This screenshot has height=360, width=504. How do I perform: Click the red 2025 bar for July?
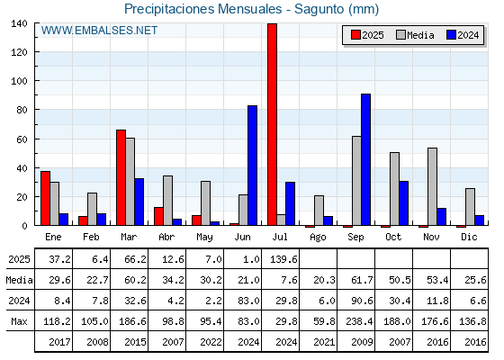(272, 124)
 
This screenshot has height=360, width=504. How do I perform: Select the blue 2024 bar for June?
(252, 166)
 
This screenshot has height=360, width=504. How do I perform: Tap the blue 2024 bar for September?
(365, 159)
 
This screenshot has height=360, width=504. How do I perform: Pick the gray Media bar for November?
(432, 186)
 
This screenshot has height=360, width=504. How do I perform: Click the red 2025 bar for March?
(121, 177)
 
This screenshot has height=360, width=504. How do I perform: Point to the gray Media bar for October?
(394, 189)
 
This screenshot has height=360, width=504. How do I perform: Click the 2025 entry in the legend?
(367, 35)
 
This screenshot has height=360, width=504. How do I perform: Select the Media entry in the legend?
(415, 35)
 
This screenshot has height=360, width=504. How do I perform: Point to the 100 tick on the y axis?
(19, 81)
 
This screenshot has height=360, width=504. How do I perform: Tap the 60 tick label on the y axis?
(22, 139)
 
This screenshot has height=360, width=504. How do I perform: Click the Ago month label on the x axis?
(318, 238)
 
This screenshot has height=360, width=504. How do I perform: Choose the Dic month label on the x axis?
(469, 237)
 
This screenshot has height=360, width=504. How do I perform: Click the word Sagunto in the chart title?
(319, 9)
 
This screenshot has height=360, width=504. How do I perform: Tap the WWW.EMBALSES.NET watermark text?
(99, 31)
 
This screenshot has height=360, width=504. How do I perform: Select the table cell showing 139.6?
(283, 259)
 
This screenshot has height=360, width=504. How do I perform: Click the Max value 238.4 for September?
(359, 321)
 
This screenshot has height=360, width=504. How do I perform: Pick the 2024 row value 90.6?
(362, 301)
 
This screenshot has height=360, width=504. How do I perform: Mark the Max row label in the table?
(19, 321)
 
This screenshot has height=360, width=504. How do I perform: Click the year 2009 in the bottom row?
(362, 342)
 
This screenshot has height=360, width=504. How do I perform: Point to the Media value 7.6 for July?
(289, 280)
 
